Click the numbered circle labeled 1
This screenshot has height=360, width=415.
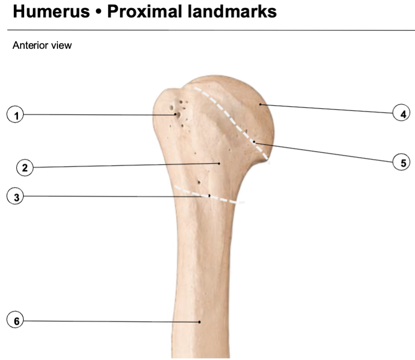(15, 114)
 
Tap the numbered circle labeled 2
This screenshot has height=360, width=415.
(25, 167)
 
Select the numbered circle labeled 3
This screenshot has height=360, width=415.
(15, 196)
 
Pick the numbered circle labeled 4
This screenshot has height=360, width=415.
(401, 113)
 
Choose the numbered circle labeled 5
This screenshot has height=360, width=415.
(401, 162)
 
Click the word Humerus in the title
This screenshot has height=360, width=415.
(51, 11)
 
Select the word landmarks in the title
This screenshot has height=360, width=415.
(232, 11)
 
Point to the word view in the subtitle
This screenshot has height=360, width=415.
(61, 45)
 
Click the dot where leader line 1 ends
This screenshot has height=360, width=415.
(175, 114)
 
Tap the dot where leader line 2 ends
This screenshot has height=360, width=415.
(219, 164)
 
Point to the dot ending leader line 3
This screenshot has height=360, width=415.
(210, 196)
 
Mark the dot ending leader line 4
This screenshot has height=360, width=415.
(260, 105)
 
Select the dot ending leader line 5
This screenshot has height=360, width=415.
(254, 142)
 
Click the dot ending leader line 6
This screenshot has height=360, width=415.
(200, 322)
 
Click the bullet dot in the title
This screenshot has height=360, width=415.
(99, 12)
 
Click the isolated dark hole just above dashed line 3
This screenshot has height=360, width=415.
(199, 182)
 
